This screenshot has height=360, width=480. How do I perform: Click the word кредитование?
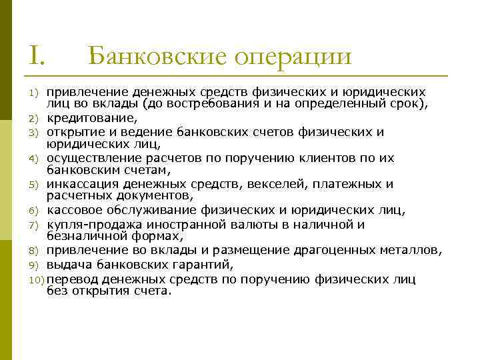pyautogui.click(x=91, y=118)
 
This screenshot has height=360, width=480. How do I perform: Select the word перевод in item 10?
pyautogui.click(x=73, y=277)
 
